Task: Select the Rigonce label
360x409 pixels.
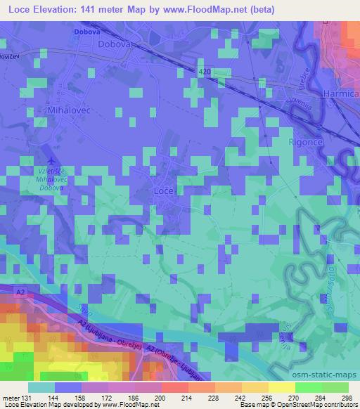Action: coord(304,141)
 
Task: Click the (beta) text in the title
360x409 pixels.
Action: coord(259,10)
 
